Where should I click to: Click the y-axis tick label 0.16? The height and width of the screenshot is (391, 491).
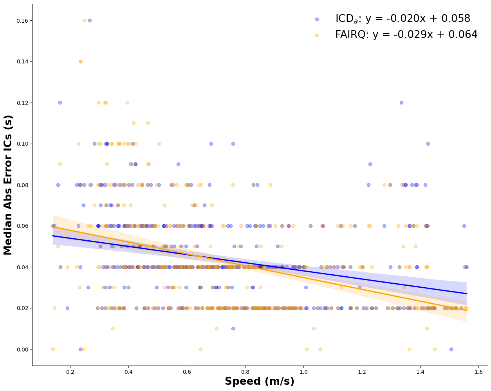click(x=21, y=21)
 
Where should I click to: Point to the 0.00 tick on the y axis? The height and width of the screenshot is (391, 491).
click(x=21, y=350)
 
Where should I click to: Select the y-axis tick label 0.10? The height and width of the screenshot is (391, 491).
click(x=21, y=144)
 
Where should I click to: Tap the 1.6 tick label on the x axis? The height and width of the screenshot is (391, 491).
click(x=478, y=371)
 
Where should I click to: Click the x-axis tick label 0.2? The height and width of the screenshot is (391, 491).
click(x=70, y=371)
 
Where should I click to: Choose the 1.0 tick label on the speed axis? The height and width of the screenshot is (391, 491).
click(x=303, y=371)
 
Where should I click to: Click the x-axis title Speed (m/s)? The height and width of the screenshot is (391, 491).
click(x=259, y=382)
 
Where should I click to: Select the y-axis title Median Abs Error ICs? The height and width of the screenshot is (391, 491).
click(x=9, y=185)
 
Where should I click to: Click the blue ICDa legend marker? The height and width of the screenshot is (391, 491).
click(x=317, y=19)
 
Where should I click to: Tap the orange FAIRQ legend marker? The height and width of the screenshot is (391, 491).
click(x=317, y=35)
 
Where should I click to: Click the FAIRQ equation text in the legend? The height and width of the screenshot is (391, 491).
click(x=406, y=35)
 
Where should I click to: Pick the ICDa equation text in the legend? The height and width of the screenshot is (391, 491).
click(x=403, y=19)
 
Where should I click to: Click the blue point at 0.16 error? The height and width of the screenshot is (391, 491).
click(x=90, y=20)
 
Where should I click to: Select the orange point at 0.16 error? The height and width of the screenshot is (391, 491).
click(x=84, y=20)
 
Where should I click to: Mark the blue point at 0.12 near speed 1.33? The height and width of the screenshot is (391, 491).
click(x=401, y=103)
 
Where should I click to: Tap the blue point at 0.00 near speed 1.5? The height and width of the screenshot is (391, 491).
click(x=451, y=349)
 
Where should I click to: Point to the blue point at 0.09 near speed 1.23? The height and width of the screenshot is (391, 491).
click(x=370, y=164)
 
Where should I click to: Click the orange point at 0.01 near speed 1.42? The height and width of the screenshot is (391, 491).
click(x=427, y=328)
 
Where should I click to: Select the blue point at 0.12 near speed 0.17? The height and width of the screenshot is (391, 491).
click(x=60, y=103)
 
